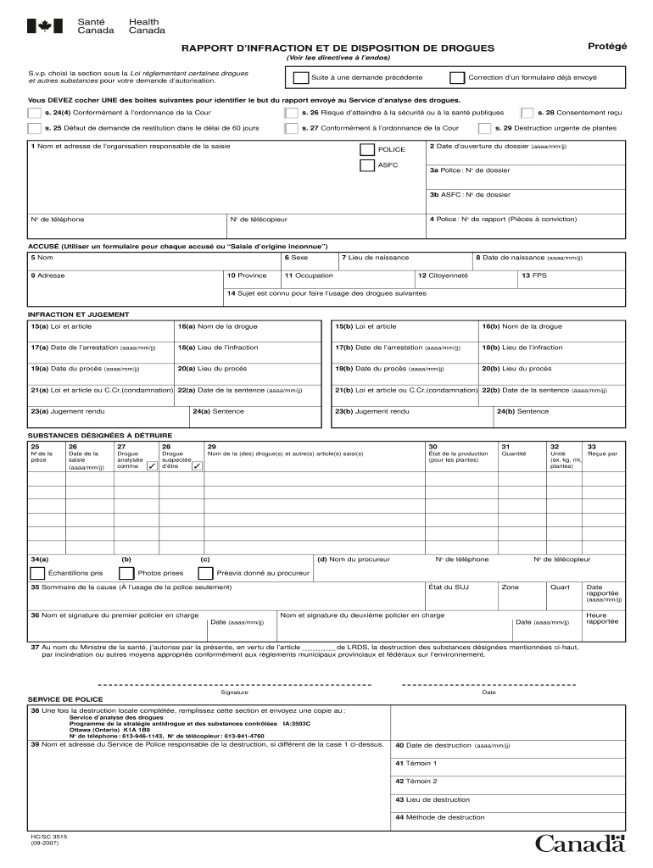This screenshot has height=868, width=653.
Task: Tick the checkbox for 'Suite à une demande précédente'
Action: click(x=300, y=78)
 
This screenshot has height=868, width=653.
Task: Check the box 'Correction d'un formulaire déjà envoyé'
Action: click(x=457, y=78)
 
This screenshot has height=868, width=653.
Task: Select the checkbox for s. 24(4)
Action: click(x=34, y=113)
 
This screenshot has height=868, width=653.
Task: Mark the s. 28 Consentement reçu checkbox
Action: click(x=527, y=113)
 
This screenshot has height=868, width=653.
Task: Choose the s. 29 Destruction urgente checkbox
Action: click(x=484, y=129)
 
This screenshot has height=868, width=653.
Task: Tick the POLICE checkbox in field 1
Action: click(x=367, y=149)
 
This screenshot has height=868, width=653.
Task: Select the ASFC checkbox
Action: click(x=367, y=165)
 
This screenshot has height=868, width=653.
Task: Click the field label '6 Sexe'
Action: click(x=297, y=258)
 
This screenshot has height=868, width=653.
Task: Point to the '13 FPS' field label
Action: click(x=533, y=275)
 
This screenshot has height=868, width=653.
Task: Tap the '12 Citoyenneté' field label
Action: click(x=443, y=275)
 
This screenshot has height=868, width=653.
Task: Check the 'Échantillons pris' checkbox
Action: click(x=36, y=573)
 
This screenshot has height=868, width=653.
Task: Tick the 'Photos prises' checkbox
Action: click(x=126, y=573)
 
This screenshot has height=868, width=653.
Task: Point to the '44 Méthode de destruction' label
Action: click(x=440, y=817)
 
